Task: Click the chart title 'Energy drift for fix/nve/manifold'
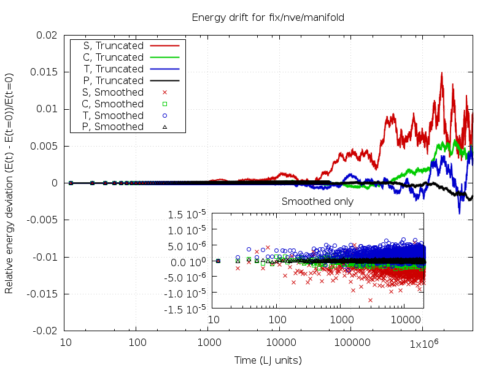tap(268, 17)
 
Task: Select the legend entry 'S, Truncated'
tap(113, 45)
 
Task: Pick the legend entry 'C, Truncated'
tap(113, 57)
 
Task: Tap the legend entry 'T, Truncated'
tap(113, 69)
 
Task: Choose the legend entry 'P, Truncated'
tap(113, 80)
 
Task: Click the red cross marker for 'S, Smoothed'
tap(164, 92)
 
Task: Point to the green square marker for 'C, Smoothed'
tap(164, 104)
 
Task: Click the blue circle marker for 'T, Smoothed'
tap(164, 115)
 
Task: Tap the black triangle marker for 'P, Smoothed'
tap(164, 127)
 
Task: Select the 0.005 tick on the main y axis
tap(47, 146)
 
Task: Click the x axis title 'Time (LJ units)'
tap(268, 360)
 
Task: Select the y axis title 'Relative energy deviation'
tap(10, 183)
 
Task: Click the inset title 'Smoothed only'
tap(317, 201)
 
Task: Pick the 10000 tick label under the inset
tap(405, 320)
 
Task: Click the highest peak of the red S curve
tap(441, 72)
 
